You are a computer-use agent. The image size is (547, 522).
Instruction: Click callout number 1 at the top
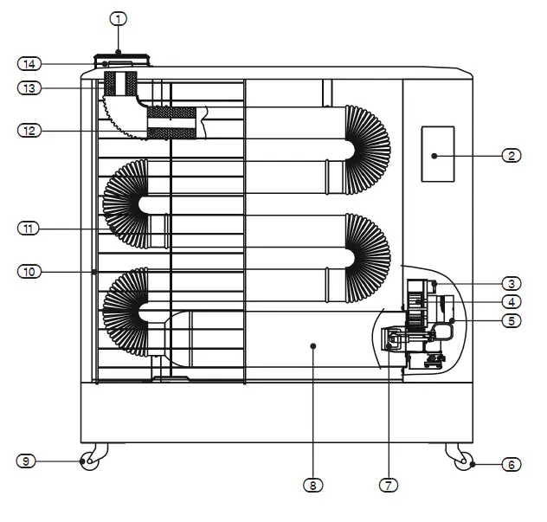click(x=120, y=18)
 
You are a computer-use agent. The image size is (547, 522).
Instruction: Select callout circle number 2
click(x=512, y=156)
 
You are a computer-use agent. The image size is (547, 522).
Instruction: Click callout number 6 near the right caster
click(x=512, y=465)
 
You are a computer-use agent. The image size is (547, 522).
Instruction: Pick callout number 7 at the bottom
click(x=389, y=486)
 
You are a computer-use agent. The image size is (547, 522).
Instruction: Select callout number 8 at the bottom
click(x=311, y=486)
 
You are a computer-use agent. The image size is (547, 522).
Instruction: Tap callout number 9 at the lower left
click(x=28, y=461)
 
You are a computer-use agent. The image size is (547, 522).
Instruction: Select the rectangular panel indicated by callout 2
click(x=437, y=154)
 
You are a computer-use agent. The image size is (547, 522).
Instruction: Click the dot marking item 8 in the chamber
click(x=313, y=345)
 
